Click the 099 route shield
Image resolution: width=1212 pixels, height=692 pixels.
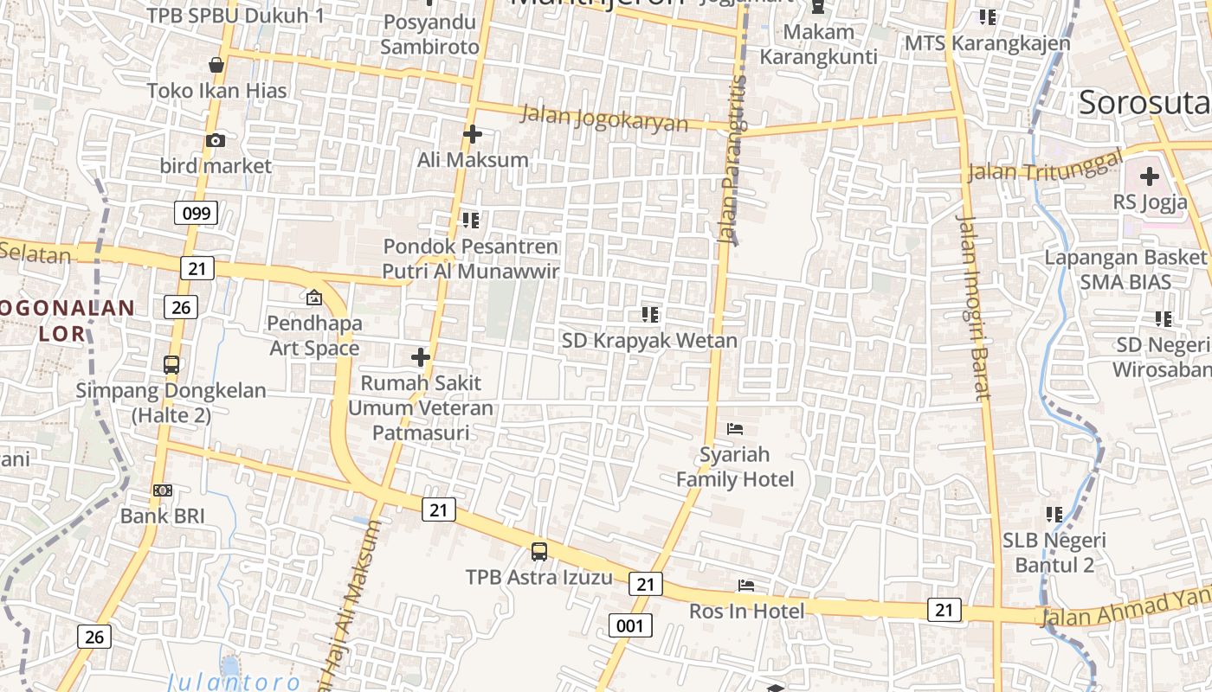click(x=196, y=212)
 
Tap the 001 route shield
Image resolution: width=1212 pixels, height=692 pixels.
click(x=629, y=625)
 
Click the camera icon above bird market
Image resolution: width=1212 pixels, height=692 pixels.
click(x=216, y=140)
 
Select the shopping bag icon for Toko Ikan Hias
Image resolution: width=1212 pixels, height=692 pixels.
click(x=216, y=65)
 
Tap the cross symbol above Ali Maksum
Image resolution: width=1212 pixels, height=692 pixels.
click(x=472, y=134)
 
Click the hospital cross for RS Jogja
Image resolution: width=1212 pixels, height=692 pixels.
click(x=1149, y=176)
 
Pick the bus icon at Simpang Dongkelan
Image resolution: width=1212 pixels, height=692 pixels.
click(x=171, y=364)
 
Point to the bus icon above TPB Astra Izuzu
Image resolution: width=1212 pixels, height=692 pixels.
click(x=538, y=551)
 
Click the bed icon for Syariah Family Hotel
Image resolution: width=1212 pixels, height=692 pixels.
click(x=734, y=428)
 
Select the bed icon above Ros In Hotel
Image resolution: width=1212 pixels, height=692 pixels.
click(x=746, y=586)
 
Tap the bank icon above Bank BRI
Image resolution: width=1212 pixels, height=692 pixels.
click(x=162, y=490)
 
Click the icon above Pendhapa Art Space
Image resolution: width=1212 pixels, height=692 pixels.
click(x=313, y=298)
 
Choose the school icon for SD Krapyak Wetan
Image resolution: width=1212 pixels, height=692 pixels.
click(x=650, y=314)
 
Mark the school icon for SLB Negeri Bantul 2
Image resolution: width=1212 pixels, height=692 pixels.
click(x=1054, y=515)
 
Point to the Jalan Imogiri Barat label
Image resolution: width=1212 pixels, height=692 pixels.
click(x=972, y=307)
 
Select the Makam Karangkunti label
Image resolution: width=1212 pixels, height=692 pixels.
click(x=818, y=44)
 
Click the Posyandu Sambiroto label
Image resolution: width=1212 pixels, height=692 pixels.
click(x=429, y=35)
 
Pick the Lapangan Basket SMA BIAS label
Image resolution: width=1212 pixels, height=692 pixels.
click(x=1125, y=269)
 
